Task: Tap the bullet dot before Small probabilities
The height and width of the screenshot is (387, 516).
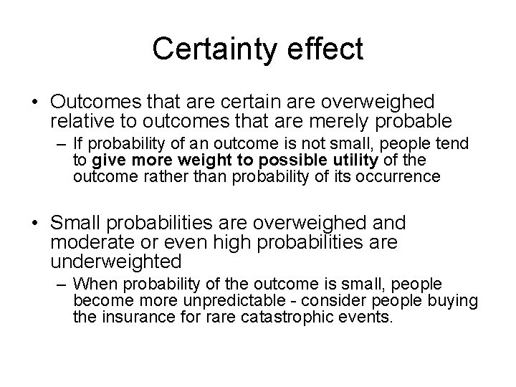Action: pyautogui.click(x=35, y=223)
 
